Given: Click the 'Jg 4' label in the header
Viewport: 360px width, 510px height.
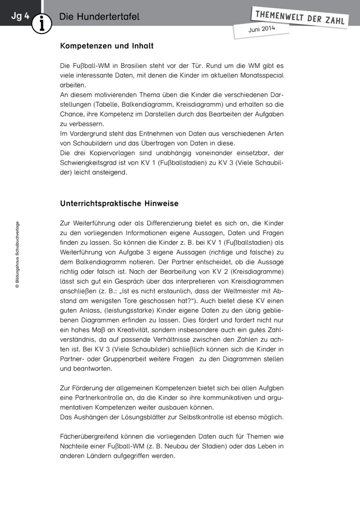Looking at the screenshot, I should (20, 16).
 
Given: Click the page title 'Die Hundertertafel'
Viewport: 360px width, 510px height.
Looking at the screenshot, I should (99, 17).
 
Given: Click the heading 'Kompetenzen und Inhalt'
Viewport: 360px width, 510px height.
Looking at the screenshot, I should (106, 46).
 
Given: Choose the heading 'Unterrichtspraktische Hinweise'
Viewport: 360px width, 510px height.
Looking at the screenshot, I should (119, 204).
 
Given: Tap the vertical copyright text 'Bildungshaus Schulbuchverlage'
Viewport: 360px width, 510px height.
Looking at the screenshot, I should (17, 255).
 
